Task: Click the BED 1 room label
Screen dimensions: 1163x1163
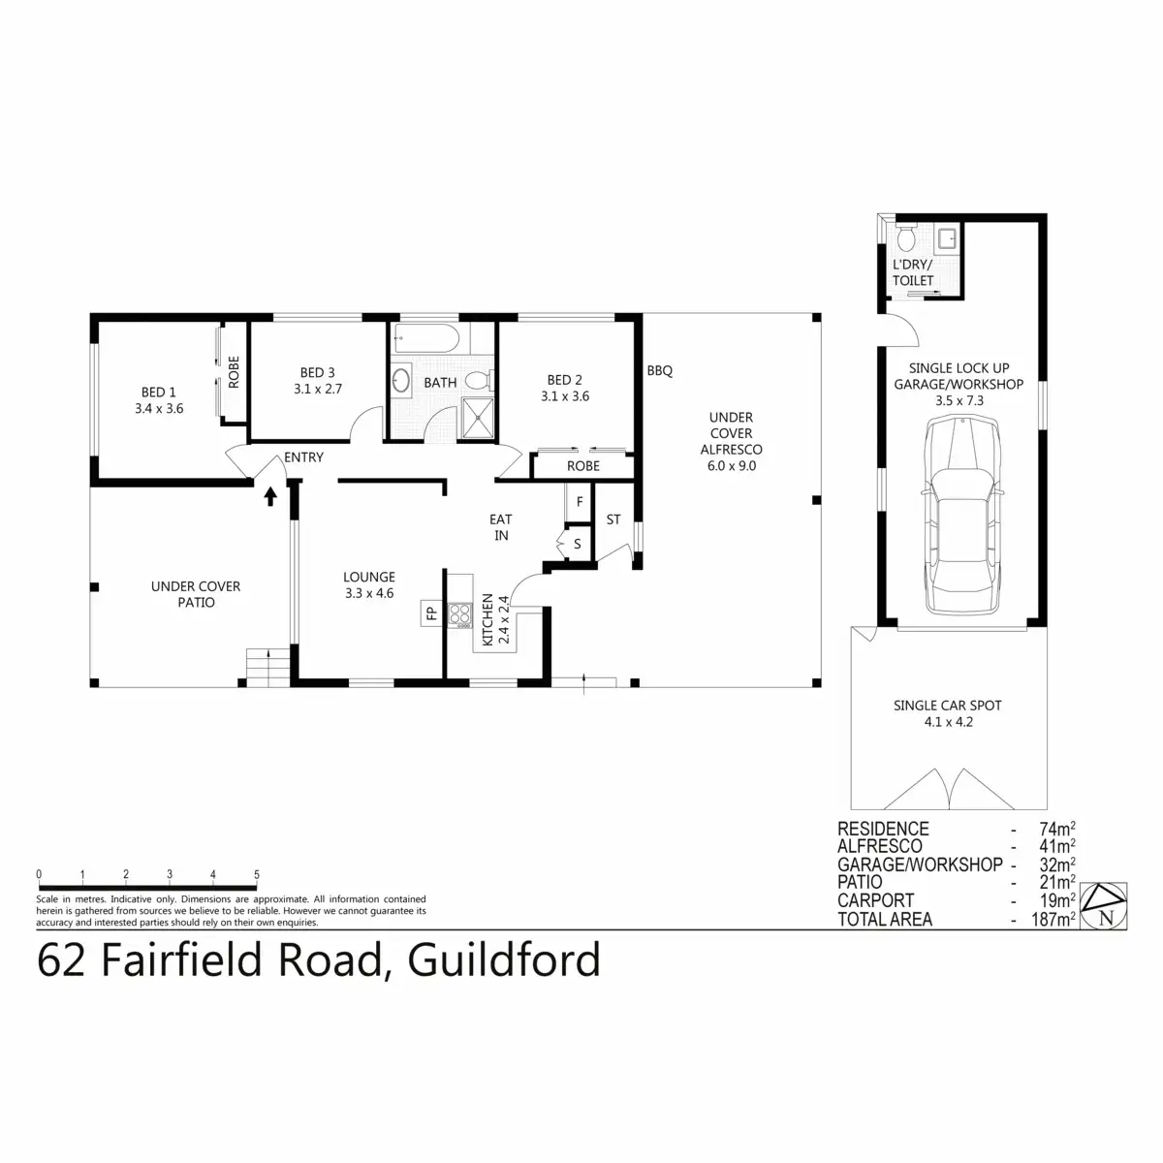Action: click(159, 393)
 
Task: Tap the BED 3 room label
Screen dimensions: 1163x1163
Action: click(318, 373)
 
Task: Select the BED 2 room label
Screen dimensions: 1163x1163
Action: click(565, 380)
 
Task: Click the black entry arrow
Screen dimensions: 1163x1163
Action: click(270, 497)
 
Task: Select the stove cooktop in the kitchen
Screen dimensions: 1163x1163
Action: click(459, 614)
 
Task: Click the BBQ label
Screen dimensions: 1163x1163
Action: click(660, 371)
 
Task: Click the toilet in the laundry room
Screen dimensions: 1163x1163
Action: click(907, 238)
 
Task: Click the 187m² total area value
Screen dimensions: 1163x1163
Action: click(1053, 919)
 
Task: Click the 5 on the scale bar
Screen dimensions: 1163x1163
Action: click(257, 874)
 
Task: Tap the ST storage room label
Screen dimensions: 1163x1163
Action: click(613, 520)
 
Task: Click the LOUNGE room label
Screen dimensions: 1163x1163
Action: click(369, 578)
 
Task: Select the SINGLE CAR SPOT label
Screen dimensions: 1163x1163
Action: click(947, 706)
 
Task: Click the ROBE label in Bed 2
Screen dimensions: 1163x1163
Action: click(583, 466)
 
